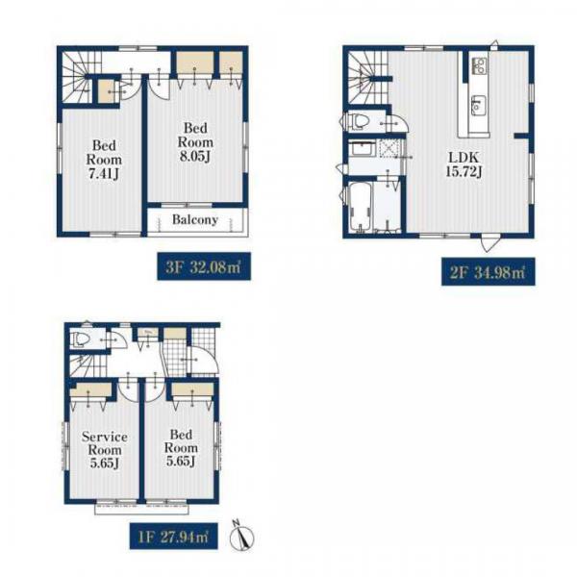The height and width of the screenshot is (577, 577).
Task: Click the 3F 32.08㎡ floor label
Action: coord(204,266)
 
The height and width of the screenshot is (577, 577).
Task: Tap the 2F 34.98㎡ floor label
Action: coord(488,272)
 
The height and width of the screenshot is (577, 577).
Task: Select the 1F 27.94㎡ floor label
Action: coord(174,537)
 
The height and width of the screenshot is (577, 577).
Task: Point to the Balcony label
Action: coord(195,219)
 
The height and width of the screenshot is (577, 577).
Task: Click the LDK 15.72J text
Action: coord(464,164)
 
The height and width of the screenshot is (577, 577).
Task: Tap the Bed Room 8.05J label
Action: coord(195,142)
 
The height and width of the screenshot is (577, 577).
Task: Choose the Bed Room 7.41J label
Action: coord(104,160)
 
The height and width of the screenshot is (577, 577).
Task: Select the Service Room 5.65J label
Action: coord(105,450)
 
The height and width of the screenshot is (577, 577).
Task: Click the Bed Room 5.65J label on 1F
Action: coord(181,447)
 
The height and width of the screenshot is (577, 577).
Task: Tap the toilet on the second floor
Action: coord(356,121)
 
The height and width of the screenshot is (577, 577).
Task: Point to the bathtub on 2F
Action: coord(360,207)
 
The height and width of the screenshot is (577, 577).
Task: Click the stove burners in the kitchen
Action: coord(478,65)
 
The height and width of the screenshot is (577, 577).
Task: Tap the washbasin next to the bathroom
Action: coord(363,148)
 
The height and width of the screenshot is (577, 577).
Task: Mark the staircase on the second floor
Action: coord(367,77)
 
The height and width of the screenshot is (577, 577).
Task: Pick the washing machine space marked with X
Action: coord(389,148)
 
